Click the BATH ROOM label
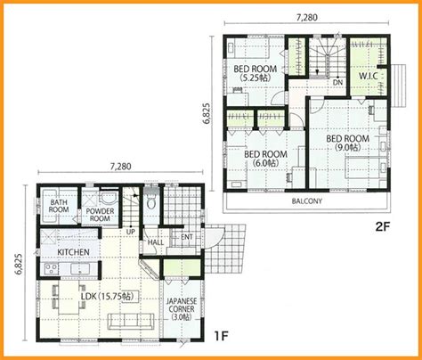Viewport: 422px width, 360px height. pyautogui.click(x=59, y=206)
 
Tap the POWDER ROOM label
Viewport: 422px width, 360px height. pyautogui.click(x=100, y=215)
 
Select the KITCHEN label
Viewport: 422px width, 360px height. pyautogui.click(x=73, y=252)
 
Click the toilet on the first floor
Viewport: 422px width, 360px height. pyautogui.click(x=151, y=202)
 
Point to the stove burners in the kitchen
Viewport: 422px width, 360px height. pyautogui.click(x=51, y=269)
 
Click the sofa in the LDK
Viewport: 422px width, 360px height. pyautogui.click(x=131, y=321)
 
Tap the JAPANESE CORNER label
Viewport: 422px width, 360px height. pyautogui.click(x=182, y=309)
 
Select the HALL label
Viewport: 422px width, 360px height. pyautogui.click(x=156, y=242)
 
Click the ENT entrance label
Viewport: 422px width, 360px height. pyautogui.click(x=187, y=237)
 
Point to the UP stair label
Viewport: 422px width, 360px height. pyautogui.click(x=131, y=232)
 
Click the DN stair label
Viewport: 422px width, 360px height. pyautogui.click(x=337, y=82)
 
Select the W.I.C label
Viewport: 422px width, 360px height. pyautogui.click(x=368, y=76)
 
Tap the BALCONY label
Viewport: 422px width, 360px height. pyautogui.click(x=307, y=201)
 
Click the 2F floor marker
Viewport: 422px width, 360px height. pyautogui.click(x=382, y=227)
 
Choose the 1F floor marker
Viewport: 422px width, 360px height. pyautogui.click(x=222, y=336)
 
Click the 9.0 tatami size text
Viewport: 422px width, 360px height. pyautogui.click(x=348, y=148)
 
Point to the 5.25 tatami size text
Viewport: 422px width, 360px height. pyautogui.click(x=256, y=78)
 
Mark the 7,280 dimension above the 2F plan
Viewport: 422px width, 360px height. pyautogui.click(x=307, y=18)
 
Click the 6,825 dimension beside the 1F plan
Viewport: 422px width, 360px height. pyautogui.click(x=19, y=264)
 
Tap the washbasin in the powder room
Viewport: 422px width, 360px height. pyautogui.click(x=108, y=199)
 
